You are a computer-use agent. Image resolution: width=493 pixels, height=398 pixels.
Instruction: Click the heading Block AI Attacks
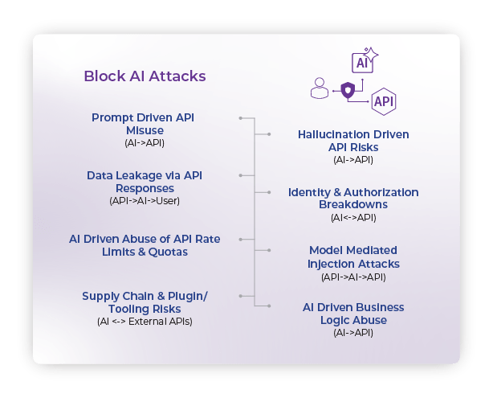tap(145, 76)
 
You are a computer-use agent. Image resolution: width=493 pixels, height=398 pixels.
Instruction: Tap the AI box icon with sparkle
tap(363, 62)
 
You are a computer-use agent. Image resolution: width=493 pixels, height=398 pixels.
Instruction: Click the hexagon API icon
tap(383, 101)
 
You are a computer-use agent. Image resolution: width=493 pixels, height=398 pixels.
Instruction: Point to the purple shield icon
tap(347, 89)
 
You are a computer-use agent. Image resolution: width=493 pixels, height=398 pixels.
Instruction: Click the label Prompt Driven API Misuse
tap(143, 123)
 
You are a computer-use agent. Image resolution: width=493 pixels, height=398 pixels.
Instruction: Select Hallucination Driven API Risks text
tap(353, 141)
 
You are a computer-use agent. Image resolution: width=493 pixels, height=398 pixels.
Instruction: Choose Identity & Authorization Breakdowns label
tap(353, 198)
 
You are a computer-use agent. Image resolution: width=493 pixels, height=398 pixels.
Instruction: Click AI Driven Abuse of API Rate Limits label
tap(145, 245)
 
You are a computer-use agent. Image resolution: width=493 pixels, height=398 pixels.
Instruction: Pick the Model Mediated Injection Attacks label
tap(353, 257)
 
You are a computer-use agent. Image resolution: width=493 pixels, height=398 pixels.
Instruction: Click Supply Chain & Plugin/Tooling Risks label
tap(145, 302)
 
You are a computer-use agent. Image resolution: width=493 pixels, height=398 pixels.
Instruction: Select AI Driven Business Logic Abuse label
tap(353, 314)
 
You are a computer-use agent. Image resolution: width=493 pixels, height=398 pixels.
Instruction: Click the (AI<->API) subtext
tap(353, 218)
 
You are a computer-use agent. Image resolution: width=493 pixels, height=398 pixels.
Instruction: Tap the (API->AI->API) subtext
tap(353, 277)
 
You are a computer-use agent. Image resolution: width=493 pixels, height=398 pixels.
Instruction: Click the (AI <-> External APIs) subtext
tap(145, 322)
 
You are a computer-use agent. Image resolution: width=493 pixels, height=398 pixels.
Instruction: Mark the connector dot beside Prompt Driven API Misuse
tap(240, 118)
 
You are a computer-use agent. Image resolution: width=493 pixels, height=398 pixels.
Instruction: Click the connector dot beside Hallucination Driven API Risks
tap(271, 133)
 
